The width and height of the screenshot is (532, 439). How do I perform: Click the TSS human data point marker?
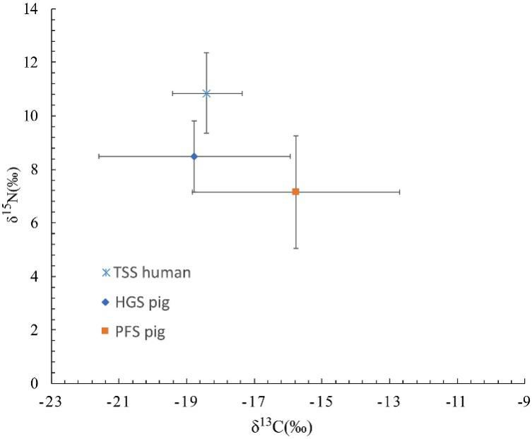206,93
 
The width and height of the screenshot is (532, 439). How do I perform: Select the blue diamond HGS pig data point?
194,156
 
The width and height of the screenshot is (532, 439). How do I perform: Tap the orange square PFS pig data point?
295,192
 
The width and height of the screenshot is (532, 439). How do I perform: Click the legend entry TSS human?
146,272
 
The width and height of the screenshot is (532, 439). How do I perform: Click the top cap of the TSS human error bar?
206,52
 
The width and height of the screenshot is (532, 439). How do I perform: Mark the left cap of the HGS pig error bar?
99,156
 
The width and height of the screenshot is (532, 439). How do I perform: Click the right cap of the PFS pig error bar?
400,192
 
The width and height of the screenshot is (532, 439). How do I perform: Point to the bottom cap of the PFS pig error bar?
295,248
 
